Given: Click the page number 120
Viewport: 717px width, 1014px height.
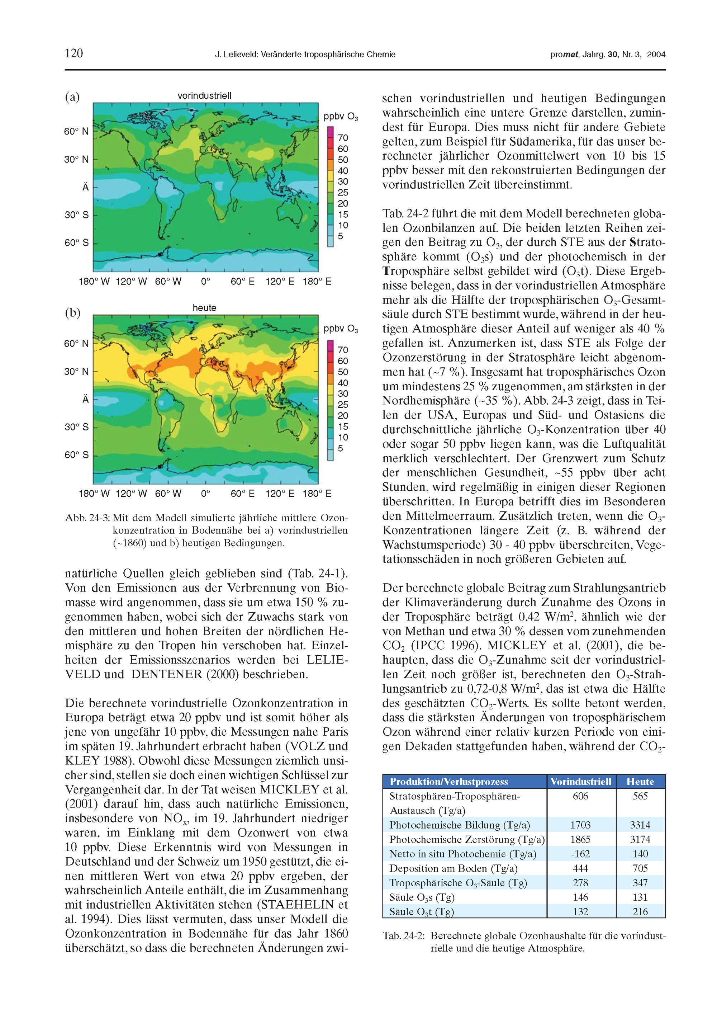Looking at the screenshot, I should (74, 53).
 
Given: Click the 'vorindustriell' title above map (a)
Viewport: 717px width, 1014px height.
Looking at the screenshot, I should (204, 95).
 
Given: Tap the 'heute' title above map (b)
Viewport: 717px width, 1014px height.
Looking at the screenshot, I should (204, 307).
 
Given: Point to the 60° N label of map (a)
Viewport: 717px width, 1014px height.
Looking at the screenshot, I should (76, 131).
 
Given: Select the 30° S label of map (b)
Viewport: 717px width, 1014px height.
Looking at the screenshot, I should (76, 427).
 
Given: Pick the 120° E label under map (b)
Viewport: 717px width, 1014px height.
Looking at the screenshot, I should (280, 493).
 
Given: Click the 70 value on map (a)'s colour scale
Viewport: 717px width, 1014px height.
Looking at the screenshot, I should (343, 138).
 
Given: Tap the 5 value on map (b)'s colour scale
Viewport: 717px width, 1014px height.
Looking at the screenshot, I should (341, 448).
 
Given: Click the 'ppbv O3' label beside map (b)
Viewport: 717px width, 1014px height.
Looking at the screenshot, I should (341, 329).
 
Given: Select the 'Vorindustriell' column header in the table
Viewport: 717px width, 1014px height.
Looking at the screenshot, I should (580, 782).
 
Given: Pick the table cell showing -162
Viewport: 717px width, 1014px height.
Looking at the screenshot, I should (580, 854).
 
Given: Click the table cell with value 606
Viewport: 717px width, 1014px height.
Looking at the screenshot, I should (580, 796).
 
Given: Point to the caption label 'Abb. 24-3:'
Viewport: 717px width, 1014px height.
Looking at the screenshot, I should (87, 517).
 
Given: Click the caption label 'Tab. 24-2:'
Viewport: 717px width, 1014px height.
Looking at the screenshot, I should (404, 935).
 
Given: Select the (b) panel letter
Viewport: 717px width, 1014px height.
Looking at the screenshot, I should (72, 313).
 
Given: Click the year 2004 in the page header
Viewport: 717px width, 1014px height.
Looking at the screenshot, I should (656, 55).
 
